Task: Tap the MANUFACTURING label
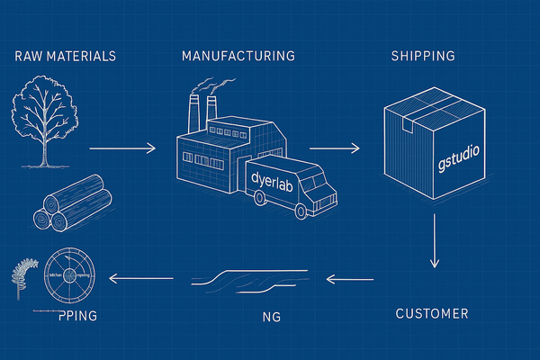pyautogui.click(x=238, y=56)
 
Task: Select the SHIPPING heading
pyautogui.click(x=422, y=56)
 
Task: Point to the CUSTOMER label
pyautogui.click(x=432, y=314)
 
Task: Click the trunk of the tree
pyautogui.click(x=44, y=148)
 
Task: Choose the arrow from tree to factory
pyautogui.click(x=124, y=144)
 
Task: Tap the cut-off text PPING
pyautogui.click(x=76, y=316)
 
